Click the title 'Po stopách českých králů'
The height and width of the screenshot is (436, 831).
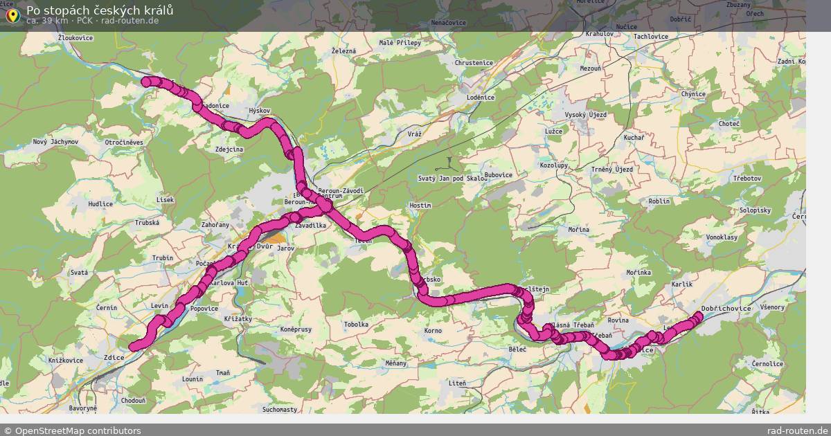(x=100, y=10)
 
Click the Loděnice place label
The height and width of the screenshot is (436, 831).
(x=481, y=98)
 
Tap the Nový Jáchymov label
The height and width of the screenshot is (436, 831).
(x=55, y=142)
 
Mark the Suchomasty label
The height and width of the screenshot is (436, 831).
(x=280, y=410)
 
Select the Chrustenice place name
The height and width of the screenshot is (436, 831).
(x=474, y=63)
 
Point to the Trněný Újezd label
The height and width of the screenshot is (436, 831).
(x=612, y=170)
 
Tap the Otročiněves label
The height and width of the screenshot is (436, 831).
(x=124, y=142)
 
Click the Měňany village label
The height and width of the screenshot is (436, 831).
(x=396, y=363)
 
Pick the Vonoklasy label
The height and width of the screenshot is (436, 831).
(x=722, y=237)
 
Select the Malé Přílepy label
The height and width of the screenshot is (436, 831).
(x=400, y=43)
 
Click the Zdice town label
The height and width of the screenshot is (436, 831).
(x=114, y=358)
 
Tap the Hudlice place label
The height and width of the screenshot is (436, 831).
(x=100, y=204)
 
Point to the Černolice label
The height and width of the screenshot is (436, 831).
(x=767, y=363)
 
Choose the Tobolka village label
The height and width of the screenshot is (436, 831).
(x=356, y=325)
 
